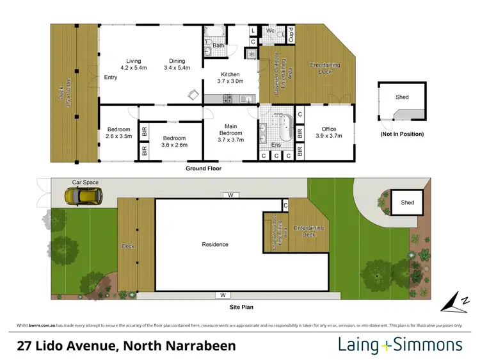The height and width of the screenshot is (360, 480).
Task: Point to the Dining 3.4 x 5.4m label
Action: tap(177, 63)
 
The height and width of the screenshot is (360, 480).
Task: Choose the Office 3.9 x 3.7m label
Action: tap(330, 133)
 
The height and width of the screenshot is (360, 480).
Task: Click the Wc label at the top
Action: tap(270, 30)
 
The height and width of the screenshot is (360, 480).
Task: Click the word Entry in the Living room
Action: tap(111, 78)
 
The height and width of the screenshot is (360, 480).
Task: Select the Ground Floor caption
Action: tap(204, 168)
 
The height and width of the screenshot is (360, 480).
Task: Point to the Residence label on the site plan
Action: tap(215, 244)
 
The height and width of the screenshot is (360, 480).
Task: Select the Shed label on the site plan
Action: tap(408, 203)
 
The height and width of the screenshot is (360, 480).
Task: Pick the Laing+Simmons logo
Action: tap(400, 345)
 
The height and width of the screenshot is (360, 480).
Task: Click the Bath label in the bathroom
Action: tap(218, 45)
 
